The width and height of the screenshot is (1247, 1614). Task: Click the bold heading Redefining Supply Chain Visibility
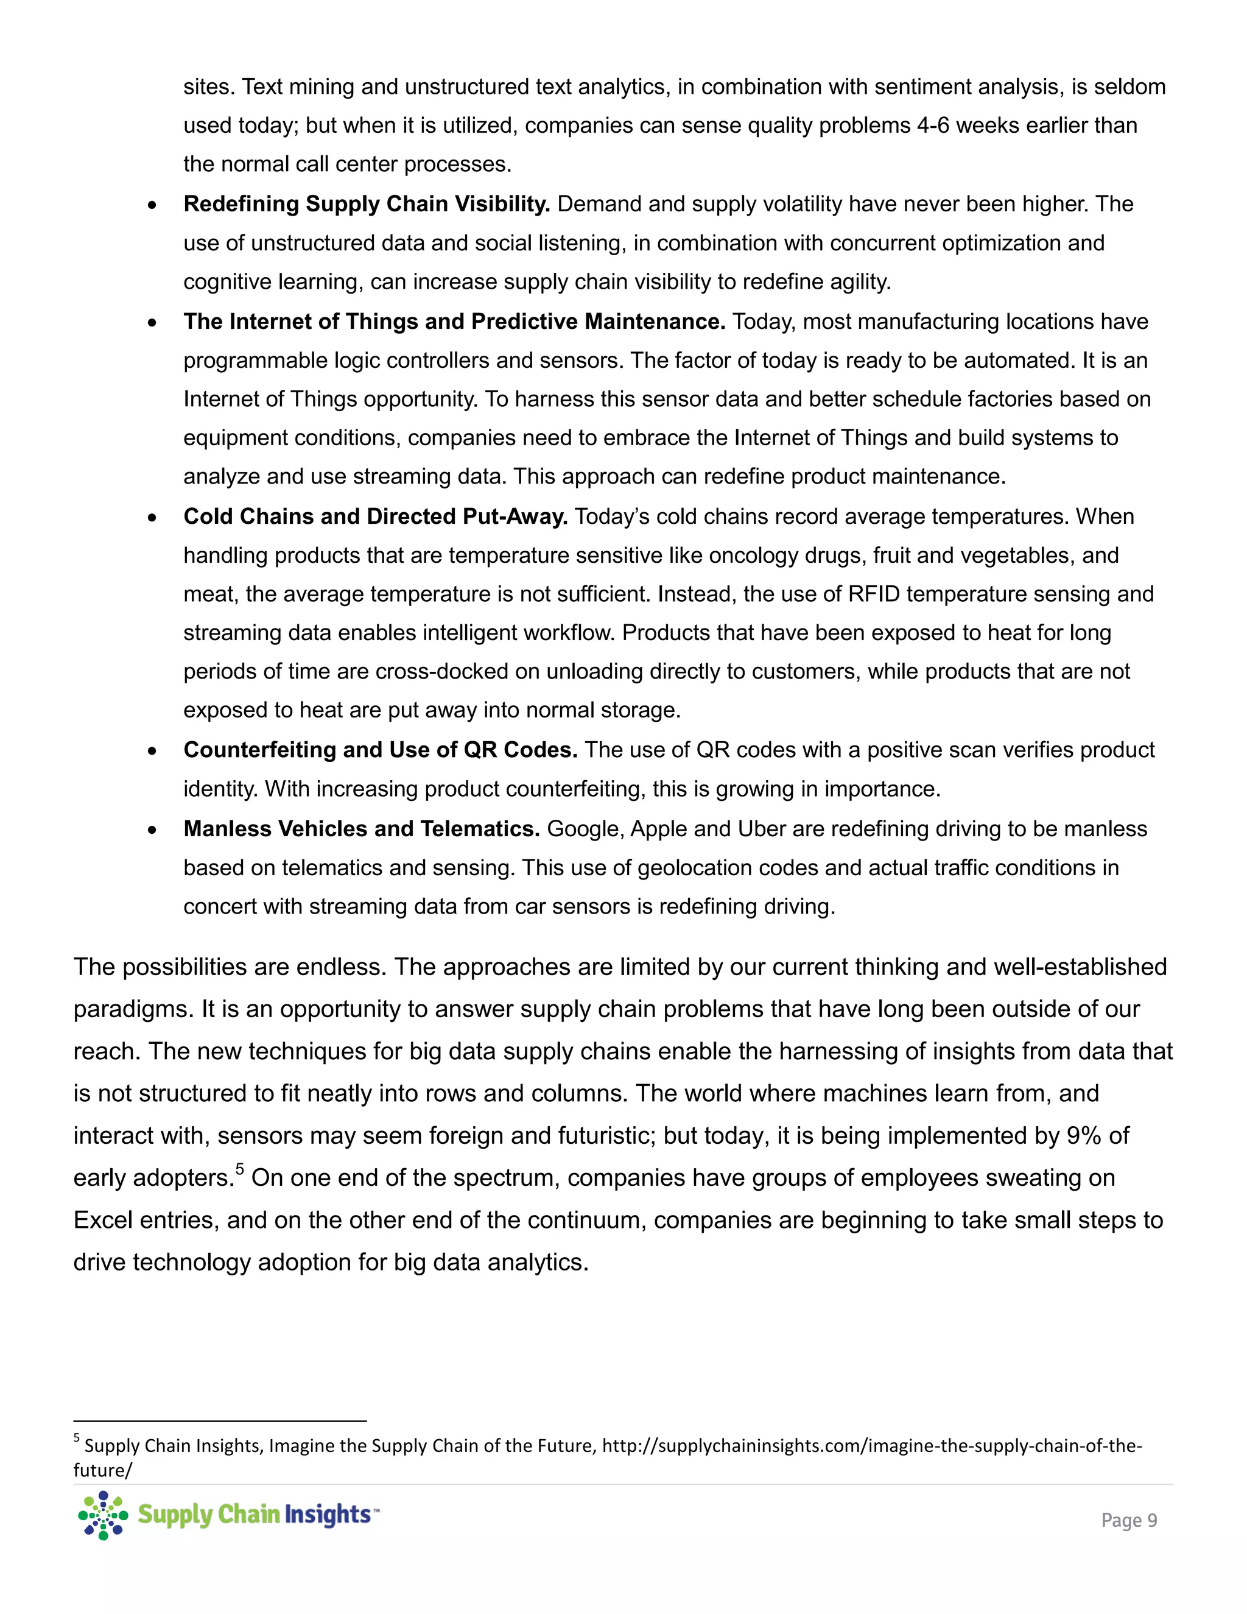(367, 204)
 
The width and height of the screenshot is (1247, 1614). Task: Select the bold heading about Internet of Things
(454, 322)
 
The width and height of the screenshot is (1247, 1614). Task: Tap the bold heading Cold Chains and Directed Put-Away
(375, 516)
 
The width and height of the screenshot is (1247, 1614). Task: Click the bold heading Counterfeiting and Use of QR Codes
(381, 750)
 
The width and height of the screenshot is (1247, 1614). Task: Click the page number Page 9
(1129, 1520)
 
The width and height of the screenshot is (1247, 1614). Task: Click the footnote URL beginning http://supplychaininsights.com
(872, 1445)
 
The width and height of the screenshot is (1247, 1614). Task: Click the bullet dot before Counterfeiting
(152, 752)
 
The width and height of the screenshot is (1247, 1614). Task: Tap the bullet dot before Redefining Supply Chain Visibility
(152, 205)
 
